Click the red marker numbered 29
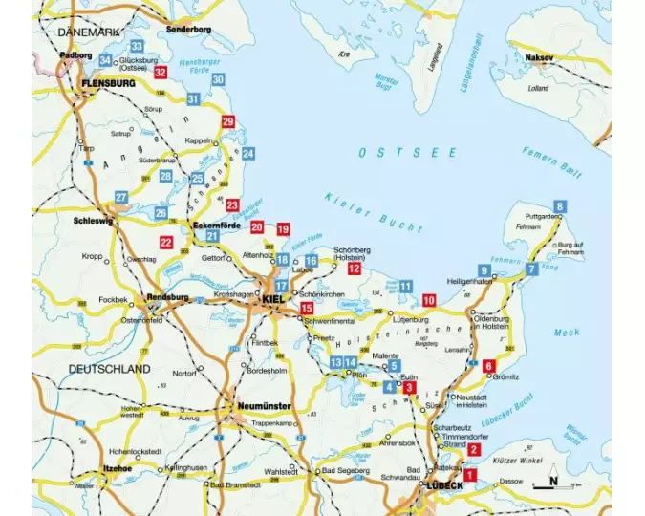[227, 121]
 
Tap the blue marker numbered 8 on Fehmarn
[559, 205]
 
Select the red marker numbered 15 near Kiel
[307, 309]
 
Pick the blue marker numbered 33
[137, 47]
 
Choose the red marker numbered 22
[166, 243]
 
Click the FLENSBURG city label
[109, 83]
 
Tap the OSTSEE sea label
[393, 153]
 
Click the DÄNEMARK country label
[89, 32]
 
